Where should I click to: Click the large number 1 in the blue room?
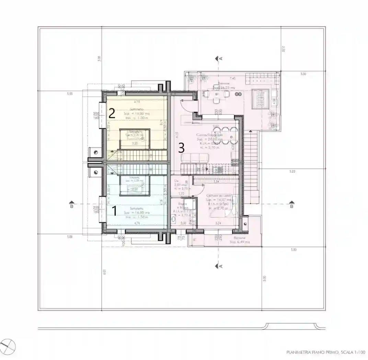tap(115, 209)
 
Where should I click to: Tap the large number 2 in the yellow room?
tap(112, 113)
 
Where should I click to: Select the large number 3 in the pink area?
tap(182, 148)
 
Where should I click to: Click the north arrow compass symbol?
tap(8, 346)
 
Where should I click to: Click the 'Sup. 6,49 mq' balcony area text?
tap(240, 242)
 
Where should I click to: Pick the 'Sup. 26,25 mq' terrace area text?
tap(224, 88)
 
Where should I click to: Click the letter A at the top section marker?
tap(221, 58)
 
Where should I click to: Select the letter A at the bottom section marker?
tap(221, 266)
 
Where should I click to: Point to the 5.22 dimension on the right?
tap(292, 171)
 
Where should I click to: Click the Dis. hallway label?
tap(176, 181)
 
